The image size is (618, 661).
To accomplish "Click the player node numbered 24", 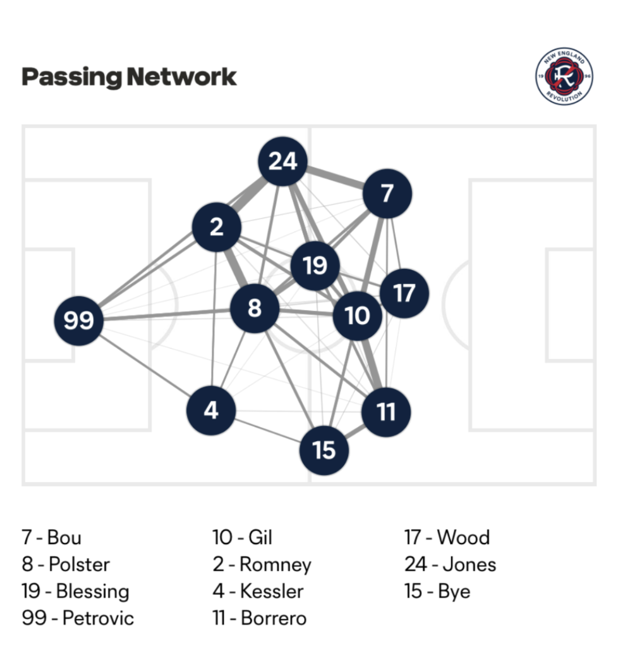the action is pos(282,162).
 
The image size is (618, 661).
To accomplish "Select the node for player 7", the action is pos(387,193).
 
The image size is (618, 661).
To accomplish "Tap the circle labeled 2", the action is pos(216,227).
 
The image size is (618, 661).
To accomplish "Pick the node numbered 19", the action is pos(315,265).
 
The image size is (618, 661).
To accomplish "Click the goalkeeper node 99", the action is pos(79,320).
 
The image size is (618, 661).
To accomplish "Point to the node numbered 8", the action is pos(254,308).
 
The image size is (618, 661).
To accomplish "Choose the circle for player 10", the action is pos(357,315).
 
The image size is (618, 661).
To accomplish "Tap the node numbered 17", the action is pos(404,293).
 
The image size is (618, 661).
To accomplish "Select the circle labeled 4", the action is pos(211,410).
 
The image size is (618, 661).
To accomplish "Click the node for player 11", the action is pos(386,412).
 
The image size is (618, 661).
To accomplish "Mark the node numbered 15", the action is pos(324,450).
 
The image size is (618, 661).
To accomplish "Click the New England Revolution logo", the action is pos(564,76).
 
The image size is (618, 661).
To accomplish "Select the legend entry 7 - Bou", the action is pos(51,537).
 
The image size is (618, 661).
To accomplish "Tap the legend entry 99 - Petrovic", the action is pos(78,617).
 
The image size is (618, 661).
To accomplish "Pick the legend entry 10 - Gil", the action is pos(242,537).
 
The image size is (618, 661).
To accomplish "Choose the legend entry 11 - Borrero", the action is pos(259,617).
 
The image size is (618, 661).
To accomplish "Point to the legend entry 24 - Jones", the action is pos(450,564).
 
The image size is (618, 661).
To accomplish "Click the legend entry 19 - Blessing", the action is pos(76,591).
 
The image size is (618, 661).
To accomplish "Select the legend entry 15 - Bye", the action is pos(437,591).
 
